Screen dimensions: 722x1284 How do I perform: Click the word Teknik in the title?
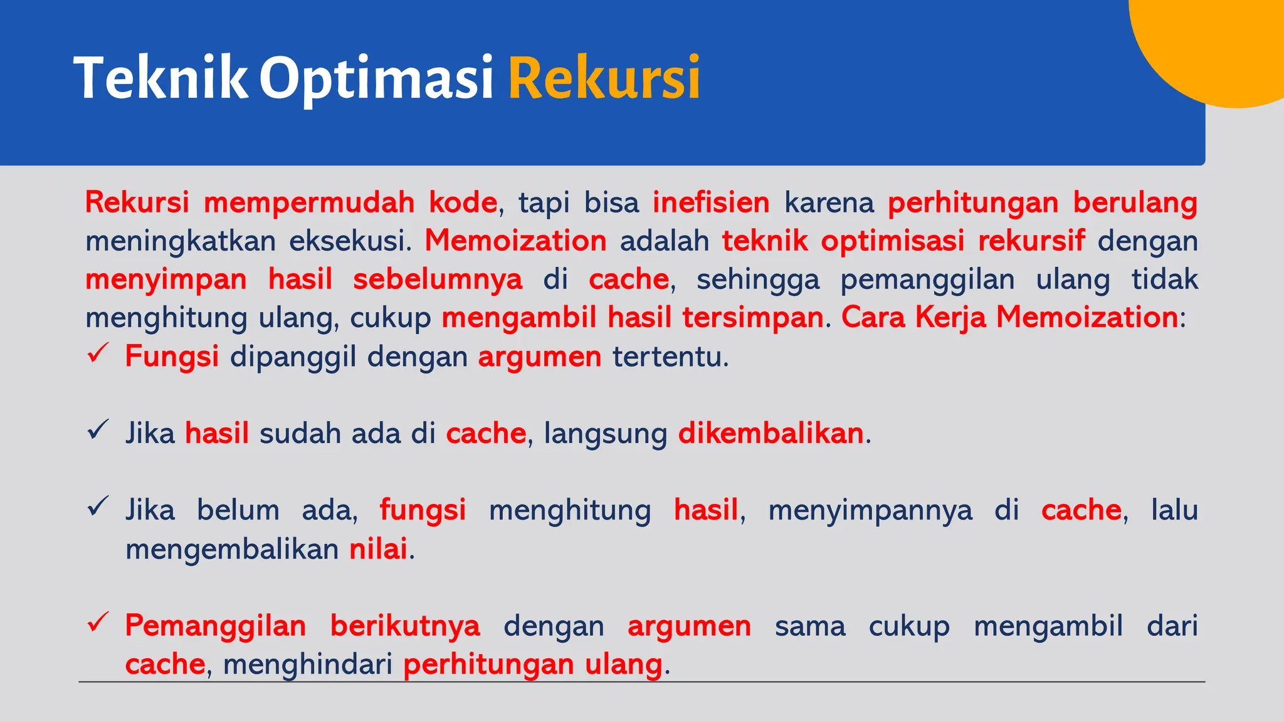(160, 78)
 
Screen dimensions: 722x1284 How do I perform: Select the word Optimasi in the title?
(376, 78)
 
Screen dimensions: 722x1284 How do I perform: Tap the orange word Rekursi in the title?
(604, 78)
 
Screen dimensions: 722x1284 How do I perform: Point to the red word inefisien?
(711, 202)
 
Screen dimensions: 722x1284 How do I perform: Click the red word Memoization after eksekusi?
(515, 241)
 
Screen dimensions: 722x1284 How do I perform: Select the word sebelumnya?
(437, 279)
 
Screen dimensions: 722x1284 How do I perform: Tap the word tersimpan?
(752, 317)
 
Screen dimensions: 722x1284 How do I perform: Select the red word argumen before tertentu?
(539, 357)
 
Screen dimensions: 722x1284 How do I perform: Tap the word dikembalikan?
(771, 433)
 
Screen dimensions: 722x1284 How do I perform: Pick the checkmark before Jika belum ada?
(98, 506)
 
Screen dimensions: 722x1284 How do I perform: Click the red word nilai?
(378, 548)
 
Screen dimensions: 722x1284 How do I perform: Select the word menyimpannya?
(870, 510)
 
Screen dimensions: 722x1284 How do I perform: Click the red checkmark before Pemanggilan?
(98, 622)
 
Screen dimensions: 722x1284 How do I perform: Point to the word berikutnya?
(405, 625)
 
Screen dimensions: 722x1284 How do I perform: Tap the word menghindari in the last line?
(307, 664)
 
